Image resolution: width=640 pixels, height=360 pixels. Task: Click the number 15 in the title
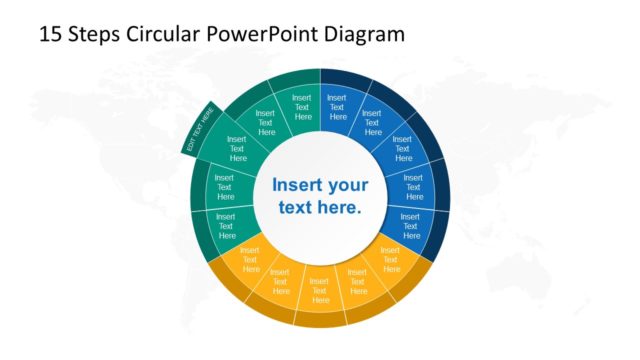pyautogui.click(x=50, y=33)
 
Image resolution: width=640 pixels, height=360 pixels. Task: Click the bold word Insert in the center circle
pyautogui.click(x=297, y=185)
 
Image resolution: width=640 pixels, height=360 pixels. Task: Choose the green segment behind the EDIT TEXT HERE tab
pyautogui.click(x=238, y=149)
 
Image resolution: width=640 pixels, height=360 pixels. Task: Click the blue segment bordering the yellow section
pyautogui.click(x=410, y=222)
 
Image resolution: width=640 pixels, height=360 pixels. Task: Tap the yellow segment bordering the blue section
pyautogui.click(x=390, y=258)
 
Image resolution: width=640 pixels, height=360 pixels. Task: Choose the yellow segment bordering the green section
pyautogui.click(x=250, y=259)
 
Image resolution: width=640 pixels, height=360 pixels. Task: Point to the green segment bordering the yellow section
pyautogui.click(x=226, y=223)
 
